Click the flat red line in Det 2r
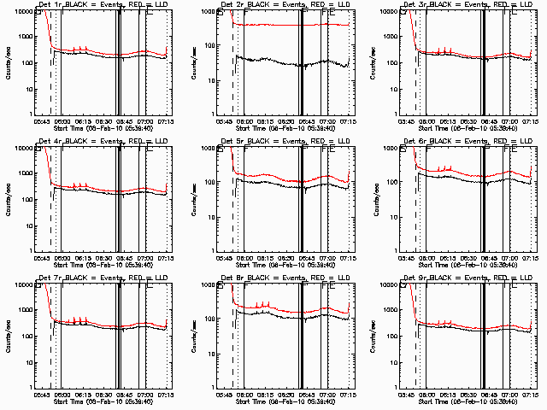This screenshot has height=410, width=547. (x=291, y=25)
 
